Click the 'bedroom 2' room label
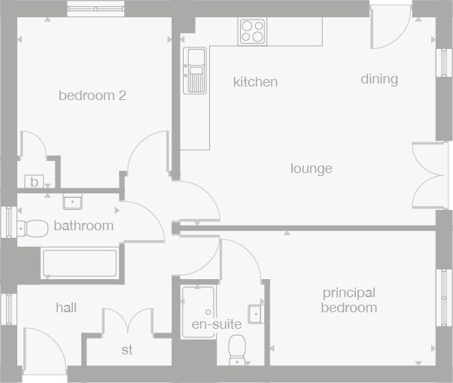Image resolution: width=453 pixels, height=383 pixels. point(92,96)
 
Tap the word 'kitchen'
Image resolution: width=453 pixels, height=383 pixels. point(255,82)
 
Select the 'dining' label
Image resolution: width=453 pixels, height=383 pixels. point(379,79)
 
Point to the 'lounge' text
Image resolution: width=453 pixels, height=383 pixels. point(311,169)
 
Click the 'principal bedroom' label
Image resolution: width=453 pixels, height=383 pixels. point(348,300)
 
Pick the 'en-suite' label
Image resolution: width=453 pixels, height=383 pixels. point(217,324)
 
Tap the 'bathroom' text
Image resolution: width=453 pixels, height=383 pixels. point(84,226)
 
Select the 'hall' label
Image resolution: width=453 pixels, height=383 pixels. point(66,308)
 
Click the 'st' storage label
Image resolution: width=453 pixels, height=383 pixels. point(127,350)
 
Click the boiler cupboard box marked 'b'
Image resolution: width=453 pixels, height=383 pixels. point(34,181)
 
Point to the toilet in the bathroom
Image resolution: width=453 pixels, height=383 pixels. point(30,226)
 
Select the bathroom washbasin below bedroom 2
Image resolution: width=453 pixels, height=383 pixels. point(73,201)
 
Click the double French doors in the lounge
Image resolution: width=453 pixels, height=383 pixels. point(430,175)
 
